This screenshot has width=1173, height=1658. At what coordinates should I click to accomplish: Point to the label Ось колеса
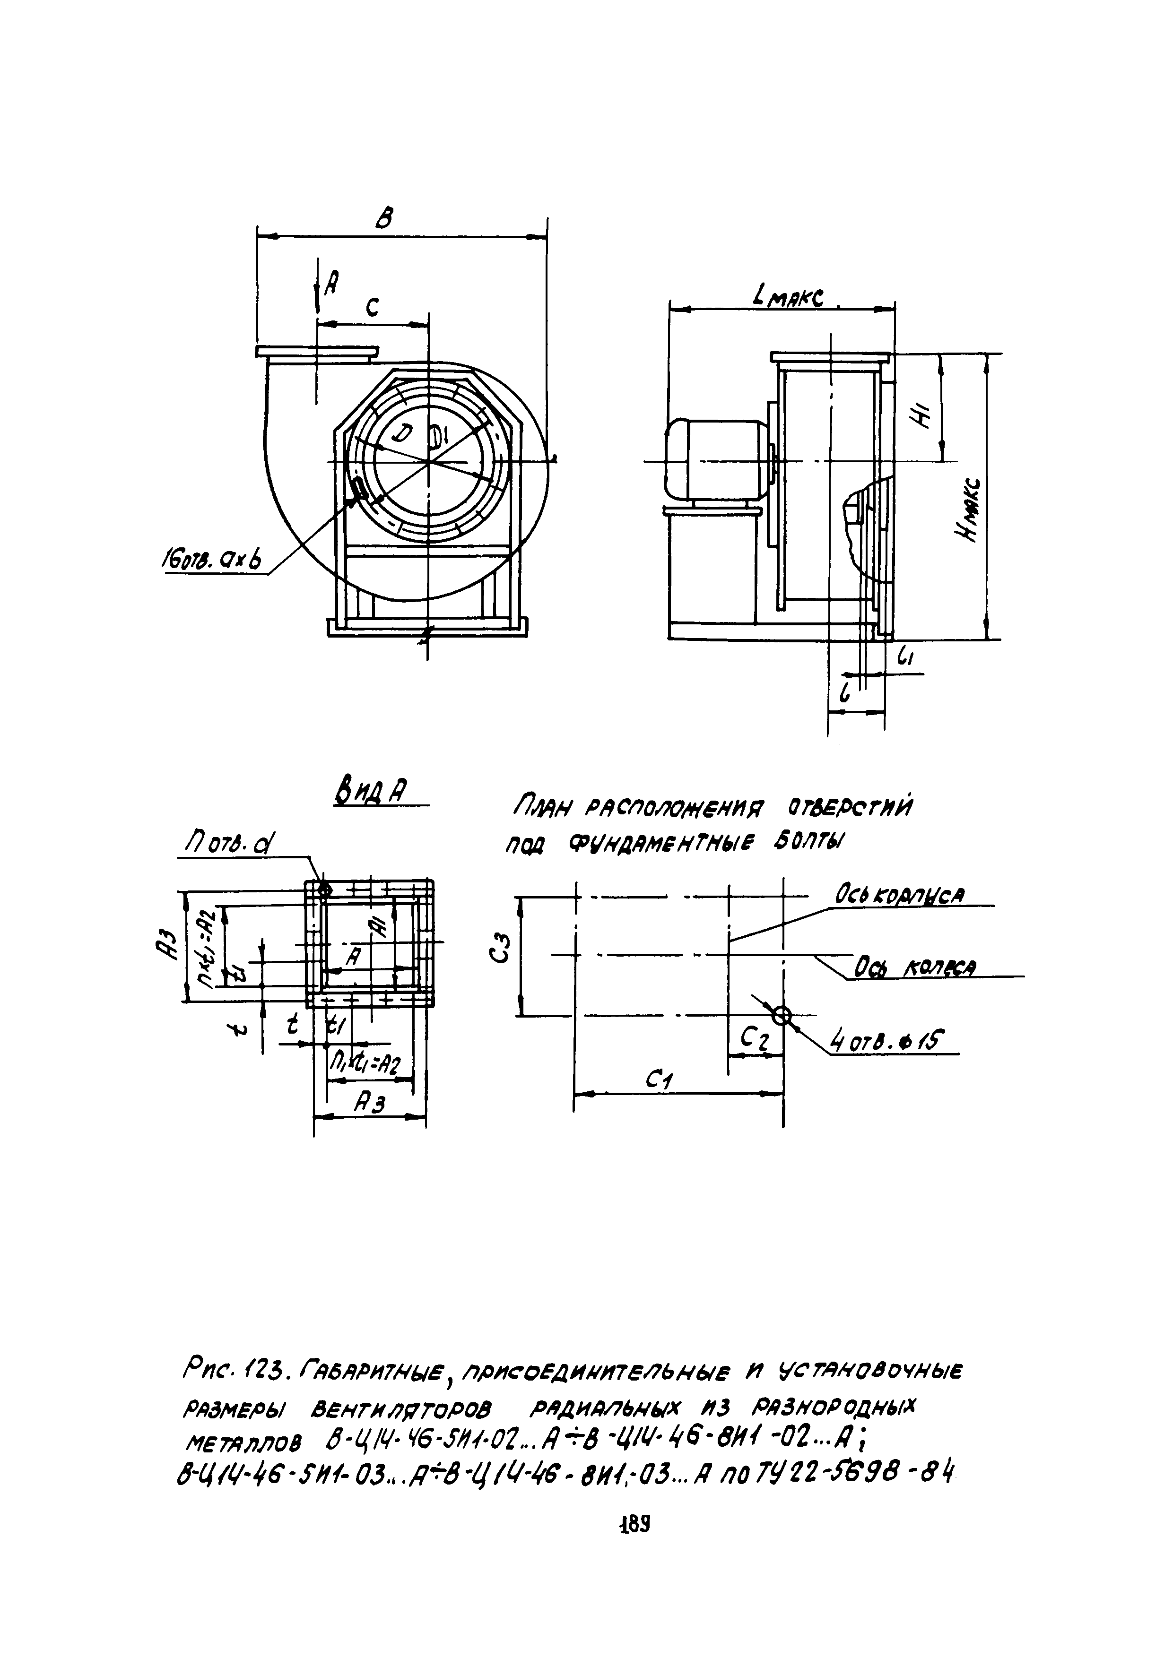coord(914,967)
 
